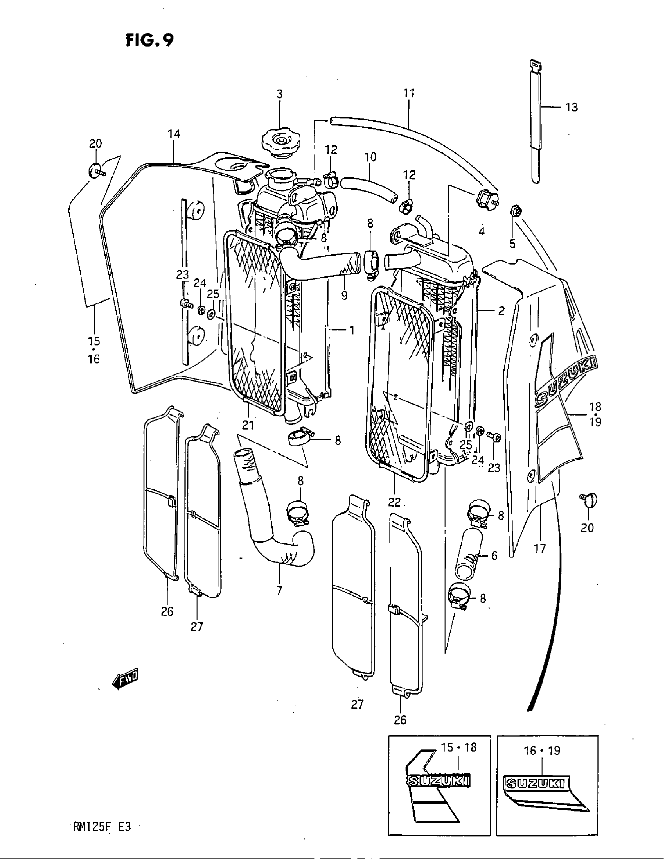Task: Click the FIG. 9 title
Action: [x=150, y=40]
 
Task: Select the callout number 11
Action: [x=409, y=94]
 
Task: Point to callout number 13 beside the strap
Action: [x=572, y=107]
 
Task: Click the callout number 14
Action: [x=173, y=134]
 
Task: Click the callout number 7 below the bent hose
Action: [x=279, y=590]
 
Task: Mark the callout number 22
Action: [x=394, y=502]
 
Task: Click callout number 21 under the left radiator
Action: [x=248, y=425]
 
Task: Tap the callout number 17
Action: [x=540, y=548]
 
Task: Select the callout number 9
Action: [x=344, y=295]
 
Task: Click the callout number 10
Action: [x=370, y=157]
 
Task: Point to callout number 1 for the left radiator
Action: [x=351, y=330]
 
